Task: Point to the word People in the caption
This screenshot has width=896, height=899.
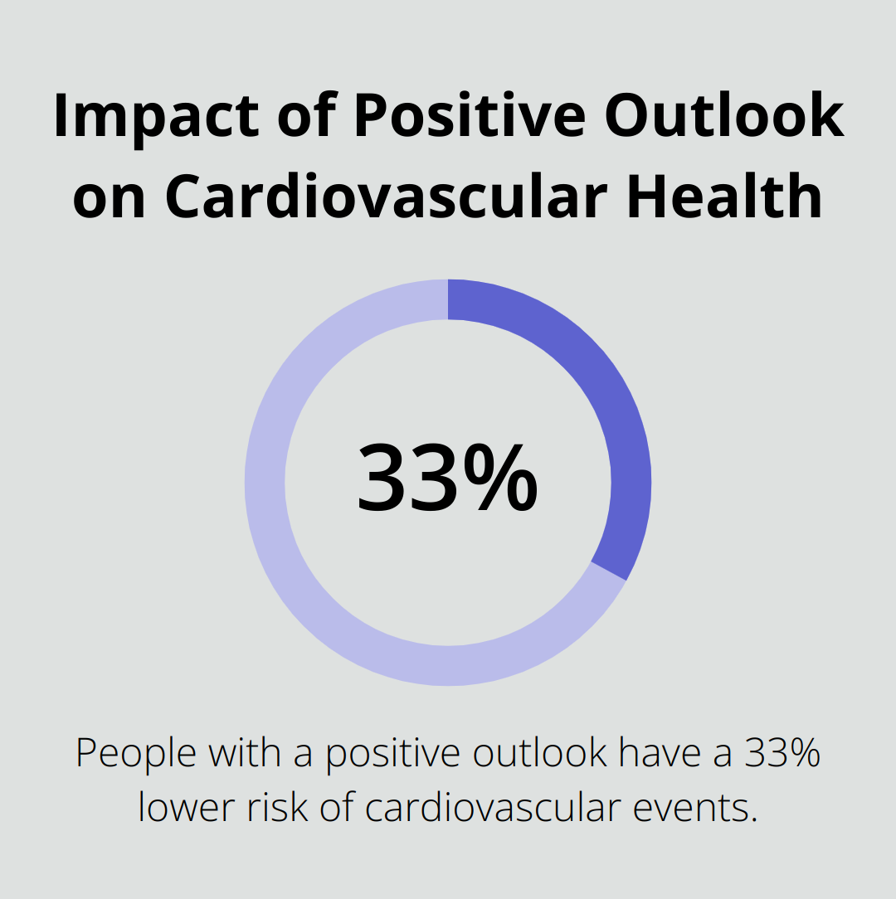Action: [135, 754]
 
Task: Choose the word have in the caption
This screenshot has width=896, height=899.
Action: [660, 754]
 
